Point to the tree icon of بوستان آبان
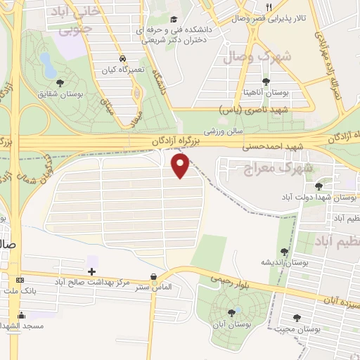232,313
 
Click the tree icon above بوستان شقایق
58,82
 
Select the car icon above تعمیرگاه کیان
123,58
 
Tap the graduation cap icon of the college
174,20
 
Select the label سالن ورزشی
224,131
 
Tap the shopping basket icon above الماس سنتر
153,277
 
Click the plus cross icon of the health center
92,271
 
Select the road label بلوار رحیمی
230,279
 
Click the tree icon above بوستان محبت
296,318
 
